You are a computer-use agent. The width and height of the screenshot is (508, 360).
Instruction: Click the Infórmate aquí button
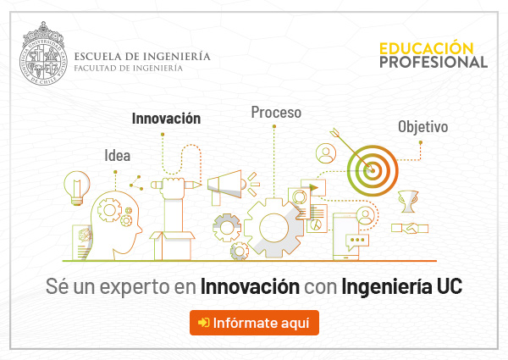[254, 323]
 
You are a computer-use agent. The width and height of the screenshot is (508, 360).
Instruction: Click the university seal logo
[43, 54]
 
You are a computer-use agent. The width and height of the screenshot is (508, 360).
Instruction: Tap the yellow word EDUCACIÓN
[427, 48]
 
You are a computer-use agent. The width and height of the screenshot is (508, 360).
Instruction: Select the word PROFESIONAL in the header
[433, 62]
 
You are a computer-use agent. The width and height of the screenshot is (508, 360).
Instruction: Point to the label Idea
[118, 156]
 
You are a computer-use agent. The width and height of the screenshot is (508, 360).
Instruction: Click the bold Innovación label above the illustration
[166, 119]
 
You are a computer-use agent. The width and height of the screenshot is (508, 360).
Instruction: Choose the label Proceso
[276, 113]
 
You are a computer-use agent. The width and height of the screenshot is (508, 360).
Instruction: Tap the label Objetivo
[423, 126]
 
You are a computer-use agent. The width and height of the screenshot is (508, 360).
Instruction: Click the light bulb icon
[77, 188]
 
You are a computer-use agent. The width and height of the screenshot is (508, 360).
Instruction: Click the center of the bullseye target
[373, 170]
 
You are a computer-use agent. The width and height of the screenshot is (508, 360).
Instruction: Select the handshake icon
[410, 228]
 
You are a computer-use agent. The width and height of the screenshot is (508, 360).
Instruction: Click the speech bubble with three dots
[357, 241]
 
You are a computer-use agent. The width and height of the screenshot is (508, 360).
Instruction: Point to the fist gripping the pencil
[174, 187]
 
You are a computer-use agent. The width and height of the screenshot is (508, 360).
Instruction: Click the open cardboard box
[172, 245]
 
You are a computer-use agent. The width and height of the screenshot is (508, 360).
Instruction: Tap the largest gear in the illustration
[274, 228]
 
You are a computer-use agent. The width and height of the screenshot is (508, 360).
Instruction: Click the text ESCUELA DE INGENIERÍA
[142, 57]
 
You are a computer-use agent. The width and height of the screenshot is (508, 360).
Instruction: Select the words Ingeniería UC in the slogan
[401, 286]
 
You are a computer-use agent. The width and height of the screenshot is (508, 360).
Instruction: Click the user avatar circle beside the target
[326, 153]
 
